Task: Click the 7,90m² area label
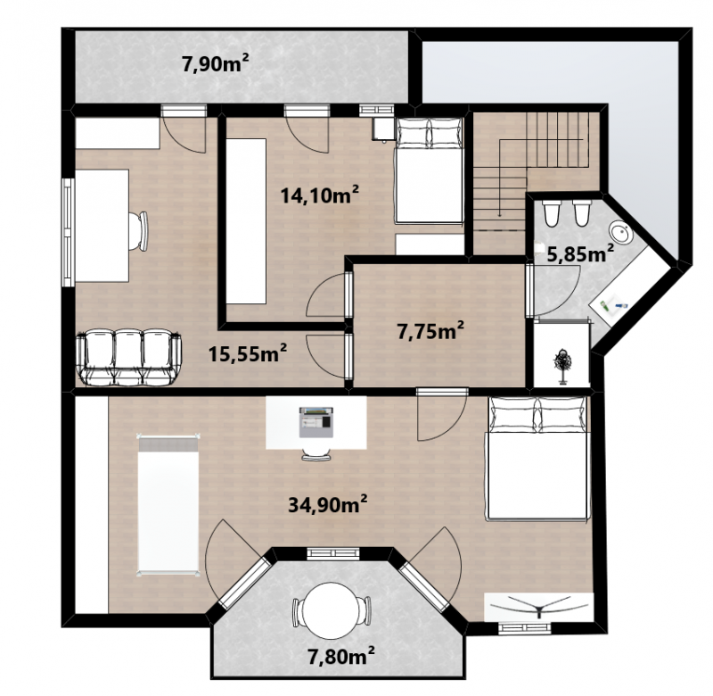[215, 62]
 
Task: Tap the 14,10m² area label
[320, 195]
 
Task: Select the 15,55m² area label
[248, 352]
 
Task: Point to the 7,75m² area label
[430, 330]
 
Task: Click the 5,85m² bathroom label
[580, 253]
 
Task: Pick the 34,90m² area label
[328, 504]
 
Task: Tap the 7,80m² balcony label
[341, 656]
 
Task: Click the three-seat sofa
[128, 358]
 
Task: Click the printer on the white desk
[316, 422]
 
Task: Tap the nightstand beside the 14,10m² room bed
[383, 128]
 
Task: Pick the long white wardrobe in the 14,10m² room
[246, 221]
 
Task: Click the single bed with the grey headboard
[168, 505]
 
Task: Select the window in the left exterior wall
[69, 232]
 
